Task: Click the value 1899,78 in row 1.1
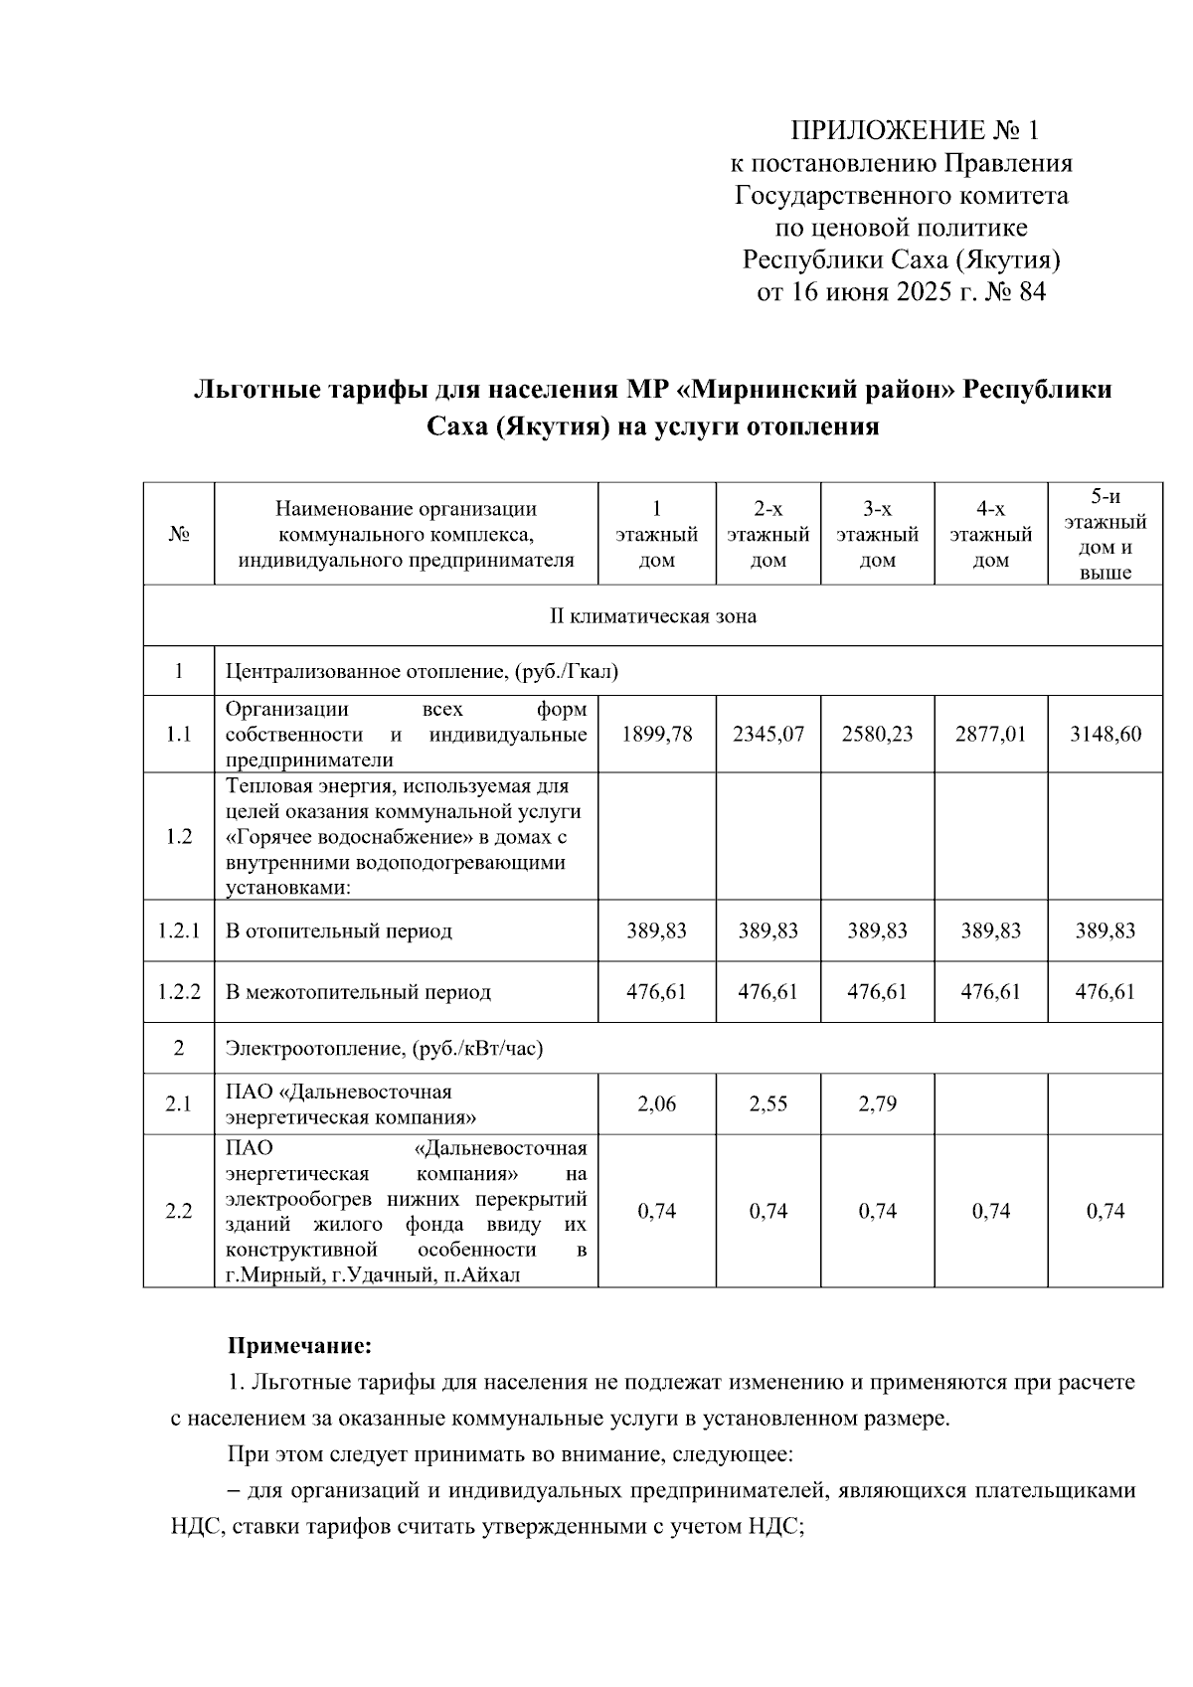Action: tap(656, 735)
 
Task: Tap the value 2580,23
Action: tap(877, 735)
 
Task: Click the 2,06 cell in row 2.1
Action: tap(656, 1103)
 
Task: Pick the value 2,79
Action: tap(877, 1103)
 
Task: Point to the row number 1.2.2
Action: tap(179, 992)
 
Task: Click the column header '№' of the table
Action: tap(179, 535)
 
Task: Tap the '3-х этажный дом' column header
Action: tap(877, 535)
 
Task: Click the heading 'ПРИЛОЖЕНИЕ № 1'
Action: tap(914, 130)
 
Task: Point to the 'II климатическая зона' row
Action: tap(653, 616)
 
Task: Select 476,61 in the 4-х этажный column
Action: tap(990, 992)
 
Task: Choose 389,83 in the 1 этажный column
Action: tap(656, 931)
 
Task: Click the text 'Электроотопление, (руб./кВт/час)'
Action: tap(384, 1048)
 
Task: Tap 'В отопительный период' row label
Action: tap(338, 931)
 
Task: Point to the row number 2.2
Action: tap(179, 1211)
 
